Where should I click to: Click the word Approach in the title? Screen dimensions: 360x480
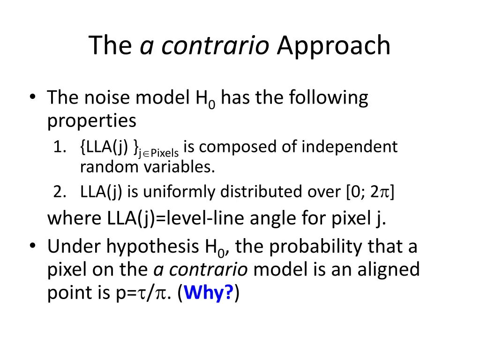click(x=333, y=46)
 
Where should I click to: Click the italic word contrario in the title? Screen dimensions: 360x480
click(x=215, y=46)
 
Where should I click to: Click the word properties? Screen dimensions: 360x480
click(x=92, y=121)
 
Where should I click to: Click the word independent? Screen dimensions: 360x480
click(x=349, y=147)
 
